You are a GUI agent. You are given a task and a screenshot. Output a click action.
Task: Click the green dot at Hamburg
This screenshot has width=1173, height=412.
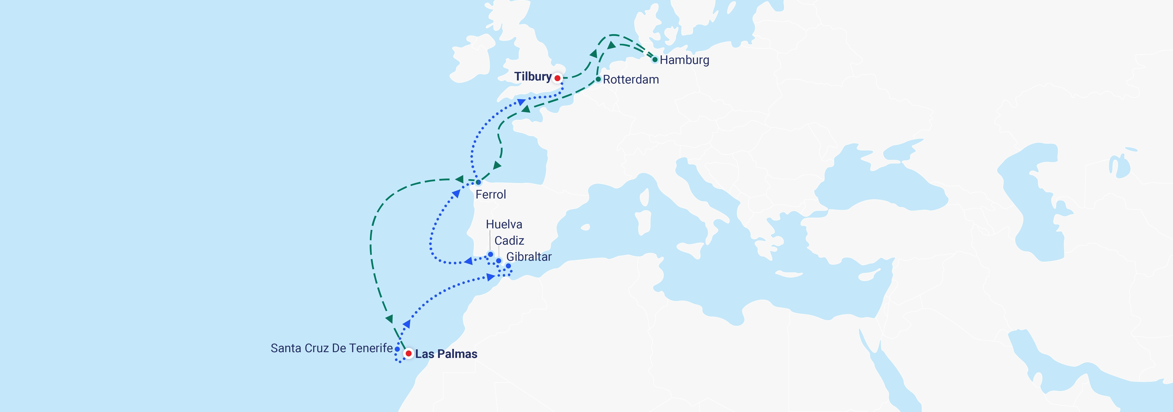(x=655, y=60)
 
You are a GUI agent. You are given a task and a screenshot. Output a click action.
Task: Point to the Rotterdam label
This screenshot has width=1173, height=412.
(x=631, y=80)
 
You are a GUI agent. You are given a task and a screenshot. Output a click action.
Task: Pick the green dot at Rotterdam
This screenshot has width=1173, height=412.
(x=598, y=79)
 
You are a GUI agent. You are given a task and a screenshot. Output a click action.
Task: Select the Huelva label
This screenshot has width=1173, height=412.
(x=504, y=224)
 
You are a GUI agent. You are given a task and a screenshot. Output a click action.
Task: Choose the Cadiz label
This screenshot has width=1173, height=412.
(x=509, y=241)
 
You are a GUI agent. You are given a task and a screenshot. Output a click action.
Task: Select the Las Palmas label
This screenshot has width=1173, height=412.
(x=446, y=354)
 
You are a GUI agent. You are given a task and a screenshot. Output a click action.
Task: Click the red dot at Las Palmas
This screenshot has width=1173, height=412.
(x=409, y=353)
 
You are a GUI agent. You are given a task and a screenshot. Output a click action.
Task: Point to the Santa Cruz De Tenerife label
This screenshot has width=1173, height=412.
(x=331, y=348)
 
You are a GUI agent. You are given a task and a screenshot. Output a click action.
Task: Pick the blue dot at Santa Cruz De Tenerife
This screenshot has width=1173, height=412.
(x=397, y=349)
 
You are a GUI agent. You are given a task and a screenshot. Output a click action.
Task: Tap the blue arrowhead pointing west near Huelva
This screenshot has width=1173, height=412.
(x=468, y=261)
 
